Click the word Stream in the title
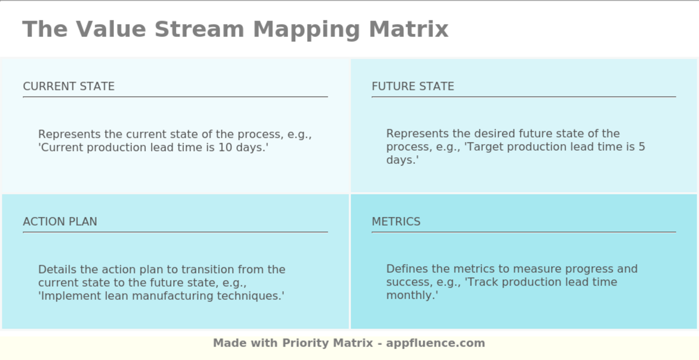(x=199, y=29)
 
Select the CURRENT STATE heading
(x=69, y=86)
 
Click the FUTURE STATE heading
(x=413, y=86)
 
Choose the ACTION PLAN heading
(x=60, y=222)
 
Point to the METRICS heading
(x=396, y=222)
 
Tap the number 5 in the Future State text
(x=642, y=147)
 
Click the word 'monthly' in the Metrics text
(x=410, y=295)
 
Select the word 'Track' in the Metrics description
(x=482, y=282)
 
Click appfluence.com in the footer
(x=435, y=343)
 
